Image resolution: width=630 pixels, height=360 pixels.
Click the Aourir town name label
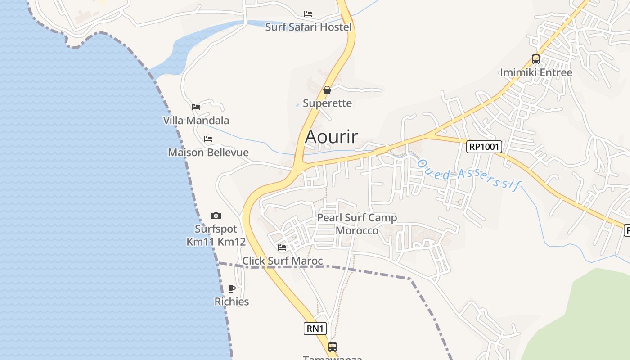(331, 136)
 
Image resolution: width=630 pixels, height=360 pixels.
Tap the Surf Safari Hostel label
(308, 27)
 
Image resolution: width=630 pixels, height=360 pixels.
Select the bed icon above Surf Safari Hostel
(308, 14)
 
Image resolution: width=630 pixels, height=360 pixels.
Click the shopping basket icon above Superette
(327, 90)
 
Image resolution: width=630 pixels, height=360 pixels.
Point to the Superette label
(327, 103)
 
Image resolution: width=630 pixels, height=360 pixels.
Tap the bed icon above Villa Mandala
(196, 107)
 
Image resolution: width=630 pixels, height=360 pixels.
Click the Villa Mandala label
(196, 121)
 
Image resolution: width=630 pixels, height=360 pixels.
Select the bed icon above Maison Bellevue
(208, 139)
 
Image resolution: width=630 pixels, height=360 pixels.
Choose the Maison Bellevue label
(208, 153)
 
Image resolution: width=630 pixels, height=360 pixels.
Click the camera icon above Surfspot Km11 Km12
(216, 216)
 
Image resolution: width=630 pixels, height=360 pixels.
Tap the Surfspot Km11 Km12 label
(216, 235)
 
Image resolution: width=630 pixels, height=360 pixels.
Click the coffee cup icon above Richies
(232, 288)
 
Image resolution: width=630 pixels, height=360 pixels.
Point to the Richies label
(232, 301)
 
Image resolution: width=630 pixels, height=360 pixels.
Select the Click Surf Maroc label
(283, 261)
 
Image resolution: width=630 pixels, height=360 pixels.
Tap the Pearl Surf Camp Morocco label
(357, 224)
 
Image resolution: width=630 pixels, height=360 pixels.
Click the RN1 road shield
(315, 328)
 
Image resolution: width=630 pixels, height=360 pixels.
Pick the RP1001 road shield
(484, 146)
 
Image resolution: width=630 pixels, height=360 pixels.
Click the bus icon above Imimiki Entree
(536, 59)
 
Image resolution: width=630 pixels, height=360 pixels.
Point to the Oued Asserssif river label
(468, 175)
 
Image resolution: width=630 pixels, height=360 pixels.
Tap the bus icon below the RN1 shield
(333, 346)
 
